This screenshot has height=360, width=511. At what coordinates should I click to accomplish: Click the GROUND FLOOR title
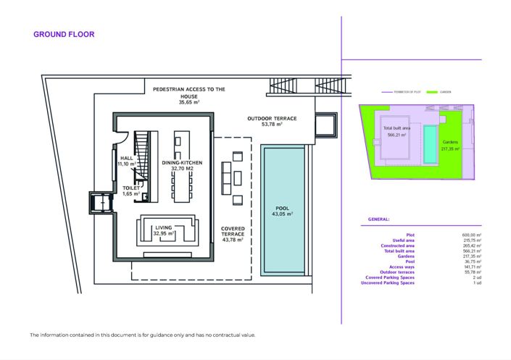[x=64, y=34]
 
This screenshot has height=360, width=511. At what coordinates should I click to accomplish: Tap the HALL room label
[x=125, y=159]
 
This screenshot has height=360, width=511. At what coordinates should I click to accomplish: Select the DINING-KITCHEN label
[x=181, y=163]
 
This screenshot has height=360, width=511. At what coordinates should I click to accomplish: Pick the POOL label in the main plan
[x=281, y=208]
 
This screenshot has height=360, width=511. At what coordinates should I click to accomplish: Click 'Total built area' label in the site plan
[x=396, y=128]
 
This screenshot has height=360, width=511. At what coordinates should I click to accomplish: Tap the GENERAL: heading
[x=378, y=218]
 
